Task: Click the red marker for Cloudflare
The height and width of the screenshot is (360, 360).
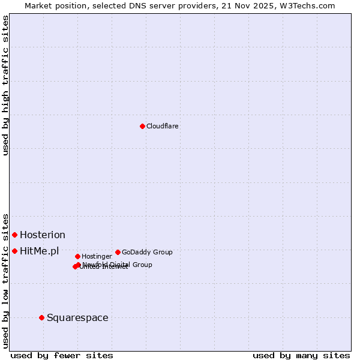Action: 142,126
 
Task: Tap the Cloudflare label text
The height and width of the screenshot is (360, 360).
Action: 163,126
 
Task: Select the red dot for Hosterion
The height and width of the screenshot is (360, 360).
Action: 14,235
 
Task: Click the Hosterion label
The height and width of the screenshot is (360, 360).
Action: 43,235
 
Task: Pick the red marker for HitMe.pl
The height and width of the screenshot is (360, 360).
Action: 14,251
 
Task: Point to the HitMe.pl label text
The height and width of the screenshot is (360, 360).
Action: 40,251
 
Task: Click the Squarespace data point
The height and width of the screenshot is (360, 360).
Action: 41,317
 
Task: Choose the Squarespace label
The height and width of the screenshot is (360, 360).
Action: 77,317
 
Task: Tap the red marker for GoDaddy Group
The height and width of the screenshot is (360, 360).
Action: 118,252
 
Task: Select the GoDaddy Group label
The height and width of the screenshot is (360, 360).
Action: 147,252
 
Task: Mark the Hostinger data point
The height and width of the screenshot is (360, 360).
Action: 77,256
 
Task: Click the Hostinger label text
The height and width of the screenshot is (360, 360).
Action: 97,256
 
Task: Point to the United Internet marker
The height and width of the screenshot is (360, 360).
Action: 75,266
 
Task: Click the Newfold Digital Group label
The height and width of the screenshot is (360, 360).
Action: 117,265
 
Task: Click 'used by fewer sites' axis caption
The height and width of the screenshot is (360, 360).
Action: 62,355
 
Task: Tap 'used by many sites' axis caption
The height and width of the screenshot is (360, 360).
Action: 301,355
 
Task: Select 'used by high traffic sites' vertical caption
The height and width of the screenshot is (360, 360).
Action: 6,85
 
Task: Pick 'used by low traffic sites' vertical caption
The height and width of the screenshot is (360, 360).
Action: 6,280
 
